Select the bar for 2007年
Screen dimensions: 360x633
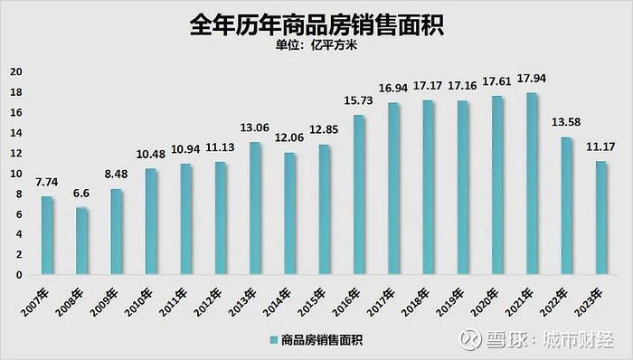tap(48, 235)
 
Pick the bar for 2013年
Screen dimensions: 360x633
tap(256, 208)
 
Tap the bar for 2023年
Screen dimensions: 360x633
tap(601, 217)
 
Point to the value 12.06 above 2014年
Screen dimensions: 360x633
tap(290, 142)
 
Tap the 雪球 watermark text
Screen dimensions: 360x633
tap(509, 339)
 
